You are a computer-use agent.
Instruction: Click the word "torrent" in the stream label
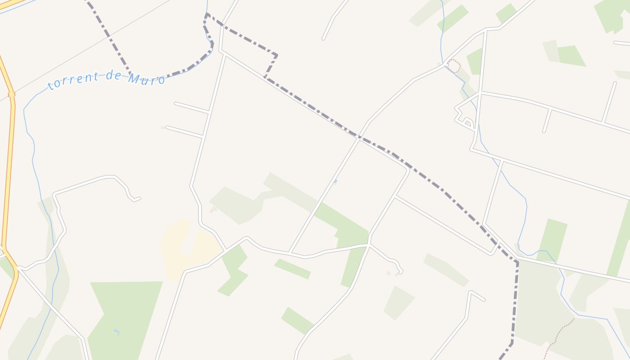pos(72,81)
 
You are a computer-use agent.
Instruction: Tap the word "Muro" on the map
pos(146,79)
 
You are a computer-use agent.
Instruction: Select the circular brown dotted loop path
pos(454,66)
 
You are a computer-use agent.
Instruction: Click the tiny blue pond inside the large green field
pos(117,332)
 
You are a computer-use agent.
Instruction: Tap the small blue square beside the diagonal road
pos(335,181)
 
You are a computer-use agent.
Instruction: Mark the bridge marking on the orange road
pos(12,95)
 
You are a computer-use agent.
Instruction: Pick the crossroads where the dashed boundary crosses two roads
pos(359,138)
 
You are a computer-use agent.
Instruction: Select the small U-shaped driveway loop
pos(468,121)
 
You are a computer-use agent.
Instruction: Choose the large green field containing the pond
pos(126,315)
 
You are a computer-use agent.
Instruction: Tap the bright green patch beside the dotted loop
pos(475,61)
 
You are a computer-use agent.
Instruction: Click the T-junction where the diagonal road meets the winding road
pos(289,252)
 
